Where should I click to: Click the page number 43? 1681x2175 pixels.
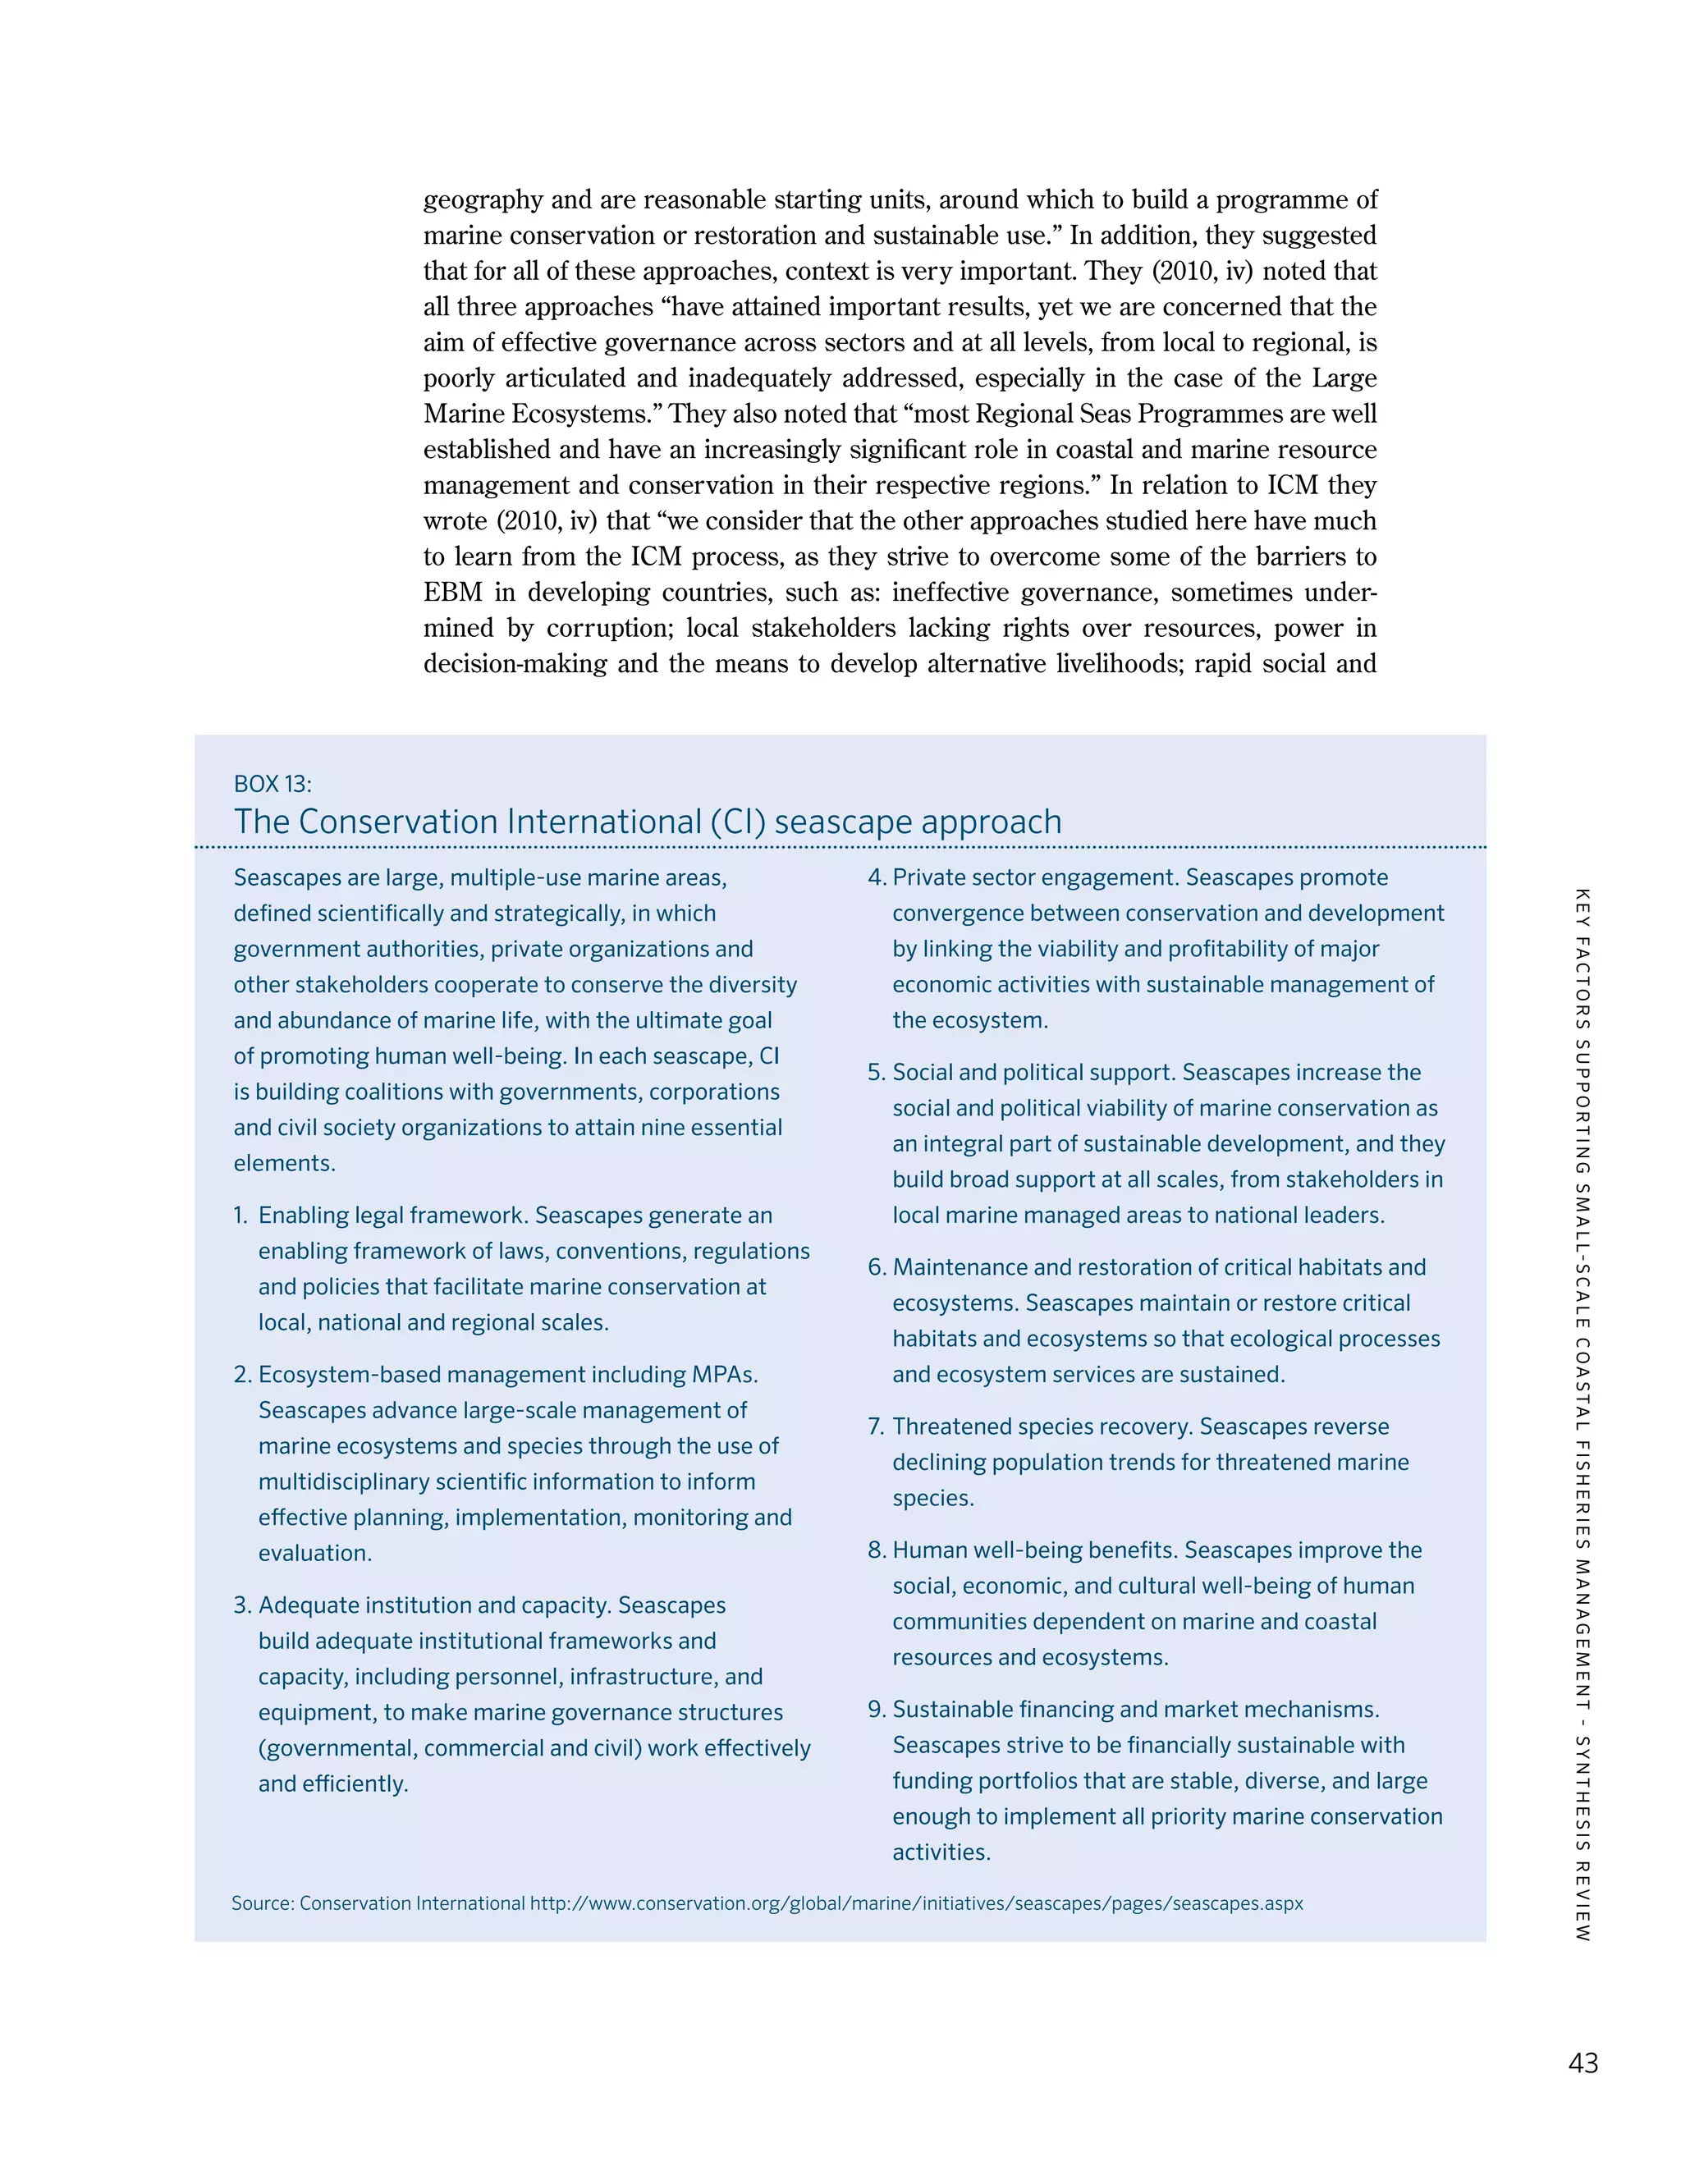[x=1583, y=2063]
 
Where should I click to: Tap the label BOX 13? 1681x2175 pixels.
[x=272, y=784]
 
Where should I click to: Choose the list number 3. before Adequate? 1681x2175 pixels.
[x=242, y=1605]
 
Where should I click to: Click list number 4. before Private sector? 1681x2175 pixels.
[x=877, y=877]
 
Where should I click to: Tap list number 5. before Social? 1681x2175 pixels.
[x=877, y=1073]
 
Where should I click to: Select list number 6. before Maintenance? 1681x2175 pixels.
[x=877, y=1268]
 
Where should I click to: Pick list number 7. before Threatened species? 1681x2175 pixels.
[x=877, y=1427]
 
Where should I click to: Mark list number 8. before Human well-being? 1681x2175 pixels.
[x=877, y=1550]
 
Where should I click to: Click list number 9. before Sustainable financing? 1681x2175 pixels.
[x=877, y=1710]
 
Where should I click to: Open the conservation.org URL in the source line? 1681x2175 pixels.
[x=916, y=1903]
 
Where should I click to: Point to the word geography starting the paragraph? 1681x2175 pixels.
[x=483, y=200]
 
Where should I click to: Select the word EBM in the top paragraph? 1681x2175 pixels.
[x=453, y=593]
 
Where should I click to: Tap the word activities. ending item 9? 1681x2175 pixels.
[x=941, y=1852]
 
